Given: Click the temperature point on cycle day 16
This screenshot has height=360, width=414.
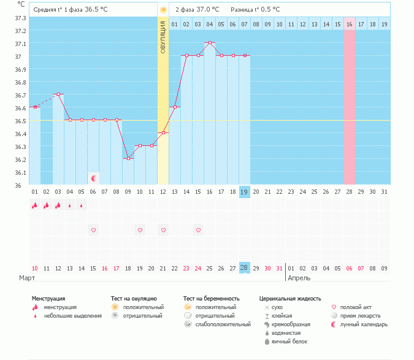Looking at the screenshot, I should pyautogui.click(x=210, y=43).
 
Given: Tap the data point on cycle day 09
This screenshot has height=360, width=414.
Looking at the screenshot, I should pyautogui.click(x=128, y=158).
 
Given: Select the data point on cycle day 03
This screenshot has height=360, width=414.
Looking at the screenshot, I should pyautogui.click(x=58, y=94).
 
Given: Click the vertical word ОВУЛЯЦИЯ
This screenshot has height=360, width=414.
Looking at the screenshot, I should pyautogui.click(x=163, y=37).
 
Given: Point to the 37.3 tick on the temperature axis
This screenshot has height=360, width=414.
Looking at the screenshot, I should pyautogui.click(x=20, y=18).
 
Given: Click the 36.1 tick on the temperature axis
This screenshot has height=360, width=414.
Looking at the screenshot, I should pyautogui.click(x=20, y=172).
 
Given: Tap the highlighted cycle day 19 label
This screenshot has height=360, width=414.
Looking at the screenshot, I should pyautogui.click(x=244, y=192).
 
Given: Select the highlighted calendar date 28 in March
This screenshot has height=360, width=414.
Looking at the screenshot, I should pyautogui.click(x=244, y=268).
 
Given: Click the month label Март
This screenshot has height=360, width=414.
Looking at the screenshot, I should pyautogui.click(x=26, y=278).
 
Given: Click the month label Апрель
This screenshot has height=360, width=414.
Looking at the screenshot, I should pyautogui.click(x=299, y=278).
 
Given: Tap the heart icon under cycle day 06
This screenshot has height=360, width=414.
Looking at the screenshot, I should pyautogui.click(x=93, y=230).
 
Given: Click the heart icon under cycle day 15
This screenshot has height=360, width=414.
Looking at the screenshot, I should pyautogui.click(x=198, y=230).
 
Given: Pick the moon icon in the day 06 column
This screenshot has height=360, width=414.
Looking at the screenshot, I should pyautogui.click(x=93, y=178).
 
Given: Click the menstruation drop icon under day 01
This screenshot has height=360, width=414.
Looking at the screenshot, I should pyautogui.click(x=35, y=205).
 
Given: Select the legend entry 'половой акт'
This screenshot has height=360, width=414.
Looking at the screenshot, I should pyautogui.click(x=356, y=307).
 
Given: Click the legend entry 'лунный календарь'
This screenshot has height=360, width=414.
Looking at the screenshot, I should pyautogui.click(x=364, y=324).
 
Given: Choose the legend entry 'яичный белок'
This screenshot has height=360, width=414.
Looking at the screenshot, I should pyautogui.click(x=289, y=342).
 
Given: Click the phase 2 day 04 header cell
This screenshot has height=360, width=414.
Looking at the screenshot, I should pyautogui.click(x=210, y=25).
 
